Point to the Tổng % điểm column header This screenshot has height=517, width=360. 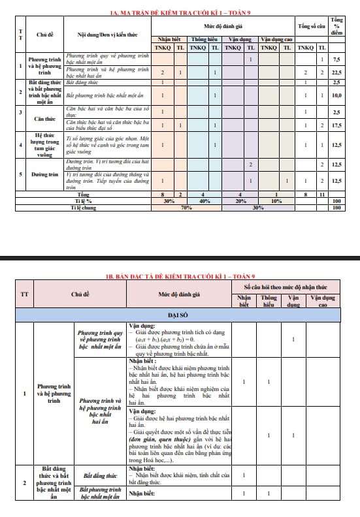tap(336, 27)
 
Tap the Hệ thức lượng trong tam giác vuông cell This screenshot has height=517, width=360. tap(44, 145)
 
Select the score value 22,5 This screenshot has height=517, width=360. tap(336, 72)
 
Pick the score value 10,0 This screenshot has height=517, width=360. tap(336, 95)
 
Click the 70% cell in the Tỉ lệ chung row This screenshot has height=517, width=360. tap(186, 208)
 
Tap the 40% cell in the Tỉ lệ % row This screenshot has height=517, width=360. tap(204, 202)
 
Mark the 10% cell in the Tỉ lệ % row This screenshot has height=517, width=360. tap(275, 202)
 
